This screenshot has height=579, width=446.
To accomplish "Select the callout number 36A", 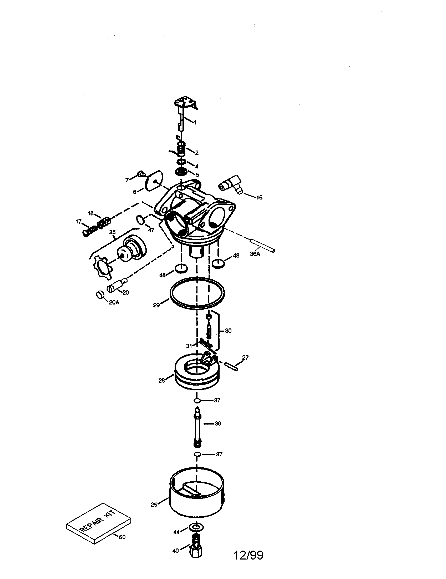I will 255,254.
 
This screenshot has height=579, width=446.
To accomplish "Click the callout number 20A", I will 114,302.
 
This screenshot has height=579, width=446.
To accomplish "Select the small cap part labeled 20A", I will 100,295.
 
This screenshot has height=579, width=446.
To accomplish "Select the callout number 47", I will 151,230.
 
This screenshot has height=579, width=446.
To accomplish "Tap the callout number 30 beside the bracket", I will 228,331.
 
